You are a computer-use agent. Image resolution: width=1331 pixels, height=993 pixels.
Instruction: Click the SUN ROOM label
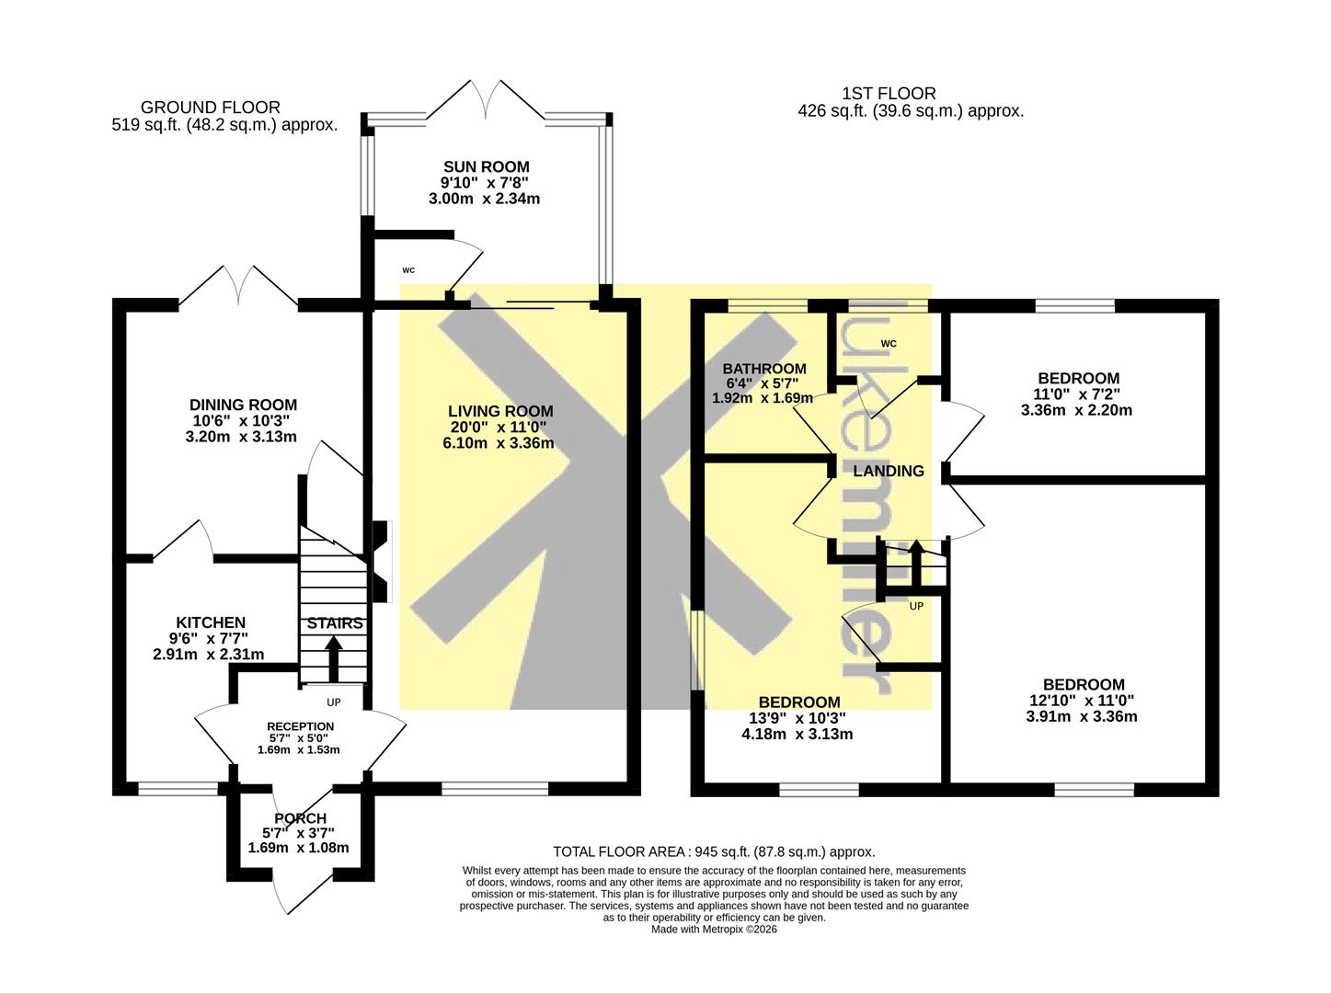pos(486,166)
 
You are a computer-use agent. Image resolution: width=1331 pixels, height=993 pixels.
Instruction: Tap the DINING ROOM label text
pos(243,405)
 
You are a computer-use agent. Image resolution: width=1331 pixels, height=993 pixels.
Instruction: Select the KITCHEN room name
pos(211,622)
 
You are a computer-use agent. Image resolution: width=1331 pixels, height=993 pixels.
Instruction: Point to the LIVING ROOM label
pos(500,411)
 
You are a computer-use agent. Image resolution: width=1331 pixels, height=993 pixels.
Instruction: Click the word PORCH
pos(300,818)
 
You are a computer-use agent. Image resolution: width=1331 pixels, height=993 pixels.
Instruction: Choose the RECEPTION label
pos(300,726)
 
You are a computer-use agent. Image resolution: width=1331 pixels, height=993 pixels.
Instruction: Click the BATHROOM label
pos(764,369)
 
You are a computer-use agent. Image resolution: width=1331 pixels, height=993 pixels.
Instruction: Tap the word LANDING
pos(889,471)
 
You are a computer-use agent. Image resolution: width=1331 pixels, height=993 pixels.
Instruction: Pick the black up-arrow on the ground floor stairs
pos(334,658)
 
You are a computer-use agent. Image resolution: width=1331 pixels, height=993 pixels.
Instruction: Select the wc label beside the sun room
pos(408,270)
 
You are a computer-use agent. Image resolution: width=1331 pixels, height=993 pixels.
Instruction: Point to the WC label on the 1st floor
pos(889,344)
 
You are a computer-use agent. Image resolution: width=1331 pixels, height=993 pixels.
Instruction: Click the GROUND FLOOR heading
pos(211,108)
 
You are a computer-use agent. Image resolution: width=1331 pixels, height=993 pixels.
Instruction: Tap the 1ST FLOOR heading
pos(889,93)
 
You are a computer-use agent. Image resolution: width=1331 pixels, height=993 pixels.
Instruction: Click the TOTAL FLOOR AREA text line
pos(714,851)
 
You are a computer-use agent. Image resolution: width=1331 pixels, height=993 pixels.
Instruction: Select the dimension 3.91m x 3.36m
pos(1081,717)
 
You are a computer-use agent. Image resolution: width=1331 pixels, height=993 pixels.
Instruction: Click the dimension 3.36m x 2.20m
pos(1076,410)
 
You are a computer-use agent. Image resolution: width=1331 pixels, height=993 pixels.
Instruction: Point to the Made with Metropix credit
pos(714,930)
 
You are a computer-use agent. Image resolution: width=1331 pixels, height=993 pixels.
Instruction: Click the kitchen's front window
pos(178,789)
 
